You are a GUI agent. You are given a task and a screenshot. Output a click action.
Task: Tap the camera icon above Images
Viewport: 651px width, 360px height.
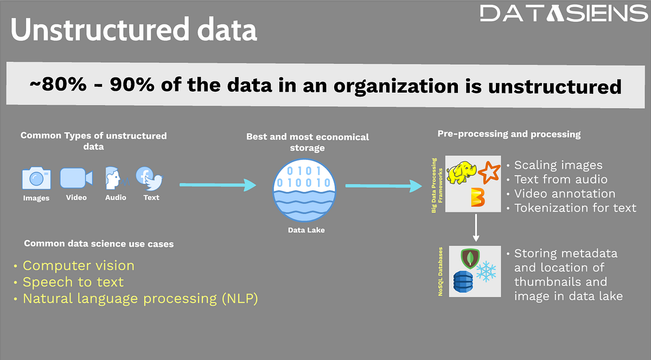click(x=36, y=178)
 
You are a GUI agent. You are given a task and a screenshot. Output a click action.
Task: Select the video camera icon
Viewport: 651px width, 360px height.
click(x=76, y=178)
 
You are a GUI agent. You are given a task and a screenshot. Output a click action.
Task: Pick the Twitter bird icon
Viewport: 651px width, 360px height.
click(x=155, y=180)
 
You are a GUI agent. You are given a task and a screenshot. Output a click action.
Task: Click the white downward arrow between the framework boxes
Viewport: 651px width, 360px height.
click(x=475, y=228)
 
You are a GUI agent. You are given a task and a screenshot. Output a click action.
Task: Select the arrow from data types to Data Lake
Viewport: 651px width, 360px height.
click(x=217, y=185)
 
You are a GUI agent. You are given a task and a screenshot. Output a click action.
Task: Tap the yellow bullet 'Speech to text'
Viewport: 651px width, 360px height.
click(x=73, y=282)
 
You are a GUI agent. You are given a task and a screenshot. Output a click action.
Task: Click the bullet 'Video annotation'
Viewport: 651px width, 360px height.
click(x=564, y=194)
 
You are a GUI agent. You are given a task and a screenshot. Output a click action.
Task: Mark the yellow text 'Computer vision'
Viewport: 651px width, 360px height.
click(x=78, y=266)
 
